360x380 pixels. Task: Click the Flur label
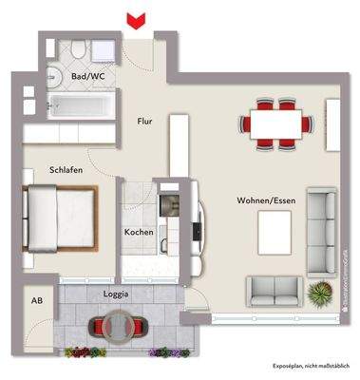pos(144,121)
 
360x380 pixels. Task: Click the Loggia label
pos(115,295)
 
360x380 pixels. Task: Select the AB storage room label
pos(38,300)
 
